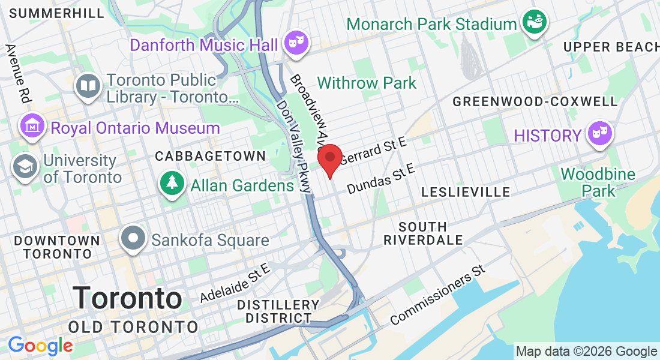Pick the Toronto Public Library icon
point(88,86)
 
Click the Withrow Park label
point(367,83)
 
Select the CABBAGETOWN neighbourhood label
point(210,156)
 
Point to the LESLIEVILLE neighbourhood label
point(466,192)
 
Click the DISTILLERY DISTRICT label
point(278,311)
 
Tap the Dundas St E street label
point(381,178)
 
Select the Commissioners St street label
point(437,294)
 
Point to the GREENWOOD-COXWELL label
point(535,101)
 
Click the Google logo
point(40,346)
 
